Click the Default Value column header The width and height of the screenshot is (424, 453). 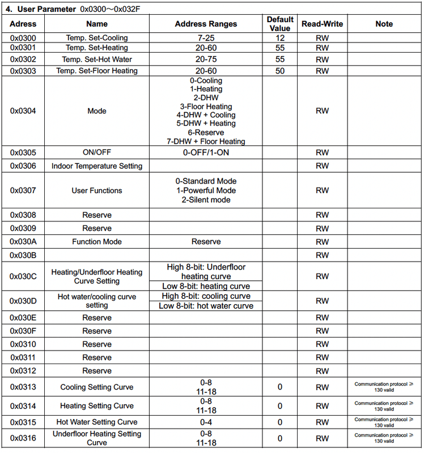pos(280,24)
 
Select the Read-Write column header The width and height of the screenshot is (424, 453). pos(322,24)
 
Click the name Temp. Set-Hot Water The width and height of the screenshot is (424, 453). pos(97,59)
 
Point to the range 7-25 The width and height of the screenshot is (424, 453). pos(206,38)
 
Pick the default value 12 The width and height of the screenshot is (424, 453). pos(280,38)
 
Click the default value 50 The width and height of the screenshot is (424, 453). pos(280,71)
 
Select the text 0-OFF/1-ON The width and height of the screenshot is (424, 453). pos(206,153)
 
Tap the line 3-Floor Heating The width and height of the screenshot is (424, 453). pos(206,106)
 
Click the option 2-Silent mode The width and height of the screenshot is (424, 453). pos(206,200)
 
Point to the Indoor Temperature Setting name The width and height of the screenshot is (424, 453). pos(97,166)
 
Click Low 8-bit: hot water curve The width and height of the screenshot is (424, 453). pos(206,306)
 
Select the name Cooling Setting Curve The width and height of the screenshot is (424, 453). pos(97,387)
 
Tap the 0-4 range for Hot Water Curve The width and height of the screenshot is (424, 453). pos(206,422)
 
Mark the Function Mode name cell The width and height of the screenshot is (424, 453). pos(97,242)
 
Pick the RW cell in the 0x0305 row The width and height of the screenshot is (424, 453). pos(322,153)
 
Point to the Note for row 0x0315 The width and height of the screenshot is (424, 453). pos(384,422)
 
